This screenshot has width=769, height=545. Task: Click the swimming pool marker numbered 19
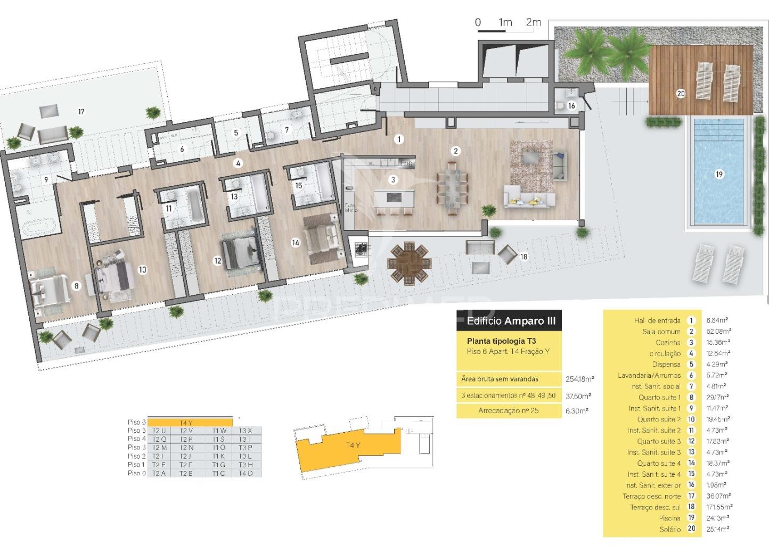(x=719, y=174)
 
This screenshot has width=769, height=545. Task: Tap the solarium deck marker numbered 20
(x=680, y=94)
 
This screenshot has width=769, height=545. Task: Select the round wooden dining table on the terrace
(x=408, y=261)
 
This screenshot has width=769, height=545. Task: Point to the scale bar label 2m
(x=533, y=22)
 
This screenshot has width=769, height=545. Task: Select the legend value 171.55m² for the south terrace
(x=719, y=507)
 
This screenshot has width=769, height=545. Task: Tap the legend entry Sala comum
(x=661, y=332)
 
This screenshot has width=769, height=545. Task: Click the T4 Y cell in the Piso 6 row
(x=189, y=423)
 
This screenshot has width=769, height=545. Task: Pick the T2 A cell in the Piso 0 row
(x=159, y=473)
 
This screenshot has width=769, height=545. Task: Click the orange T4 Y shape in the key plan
(x=351, y=445)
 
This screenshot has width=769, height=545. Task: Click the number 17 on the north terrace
(x=81, y=112)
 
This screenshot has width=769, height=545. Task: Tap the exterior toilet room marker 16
(x=571, y=106)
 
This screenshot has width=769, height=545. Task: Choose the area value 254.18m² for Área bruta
(x=579, y=379)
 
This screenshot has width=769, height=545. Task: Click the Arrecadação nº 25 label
(x=508, y=411)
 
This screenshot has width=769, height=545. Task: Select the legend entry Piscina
(x=669, y=518)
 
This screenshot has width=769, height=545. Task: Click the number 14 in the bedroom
(x=295, y=243)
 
